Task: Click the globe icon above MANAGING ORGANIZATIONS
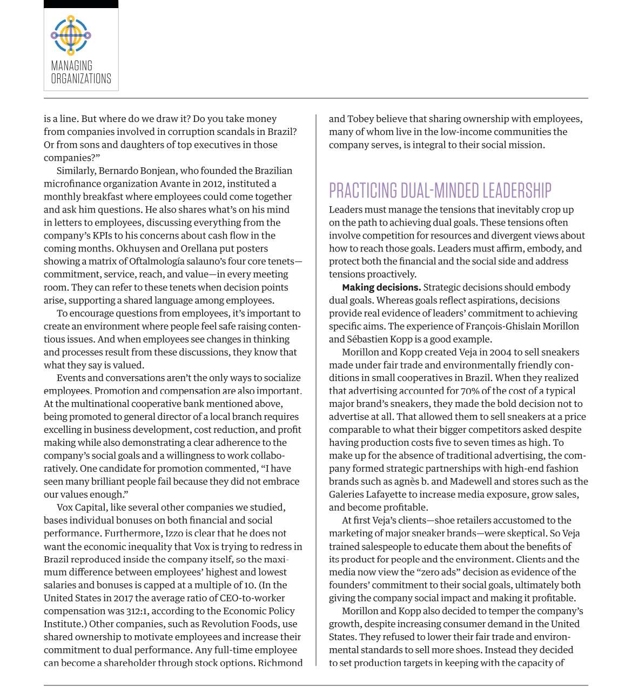coord(71,36)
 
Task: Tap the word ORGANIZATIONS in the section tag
coord(81,79)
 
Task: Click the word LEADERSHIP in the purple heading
coord(516,191)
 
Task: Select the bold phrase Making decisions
coord(381,287)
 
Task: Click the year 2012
coord(212,183)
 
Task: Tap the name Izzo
coord(174,533)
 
